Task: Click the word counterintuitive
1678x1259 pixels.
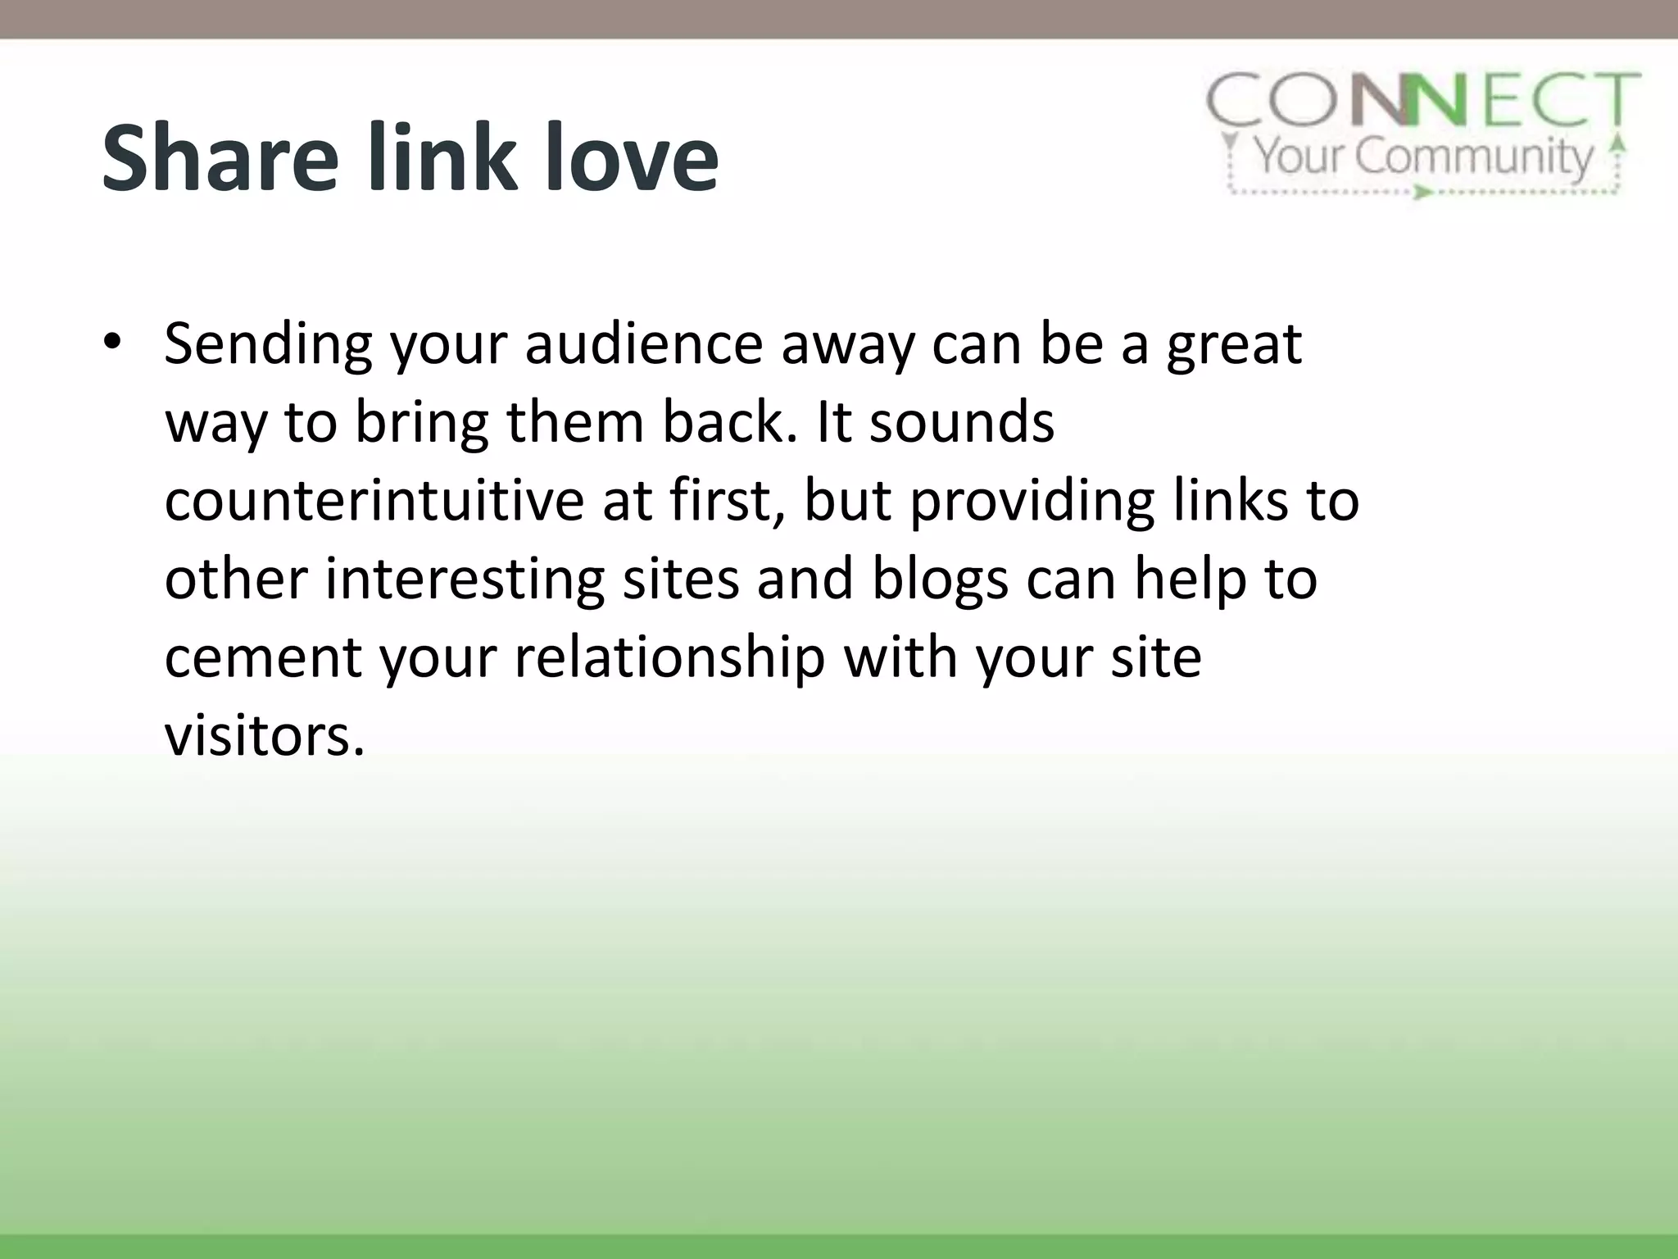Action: point(374,501)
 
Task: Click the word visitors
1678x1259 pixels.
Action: point(264,735)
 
